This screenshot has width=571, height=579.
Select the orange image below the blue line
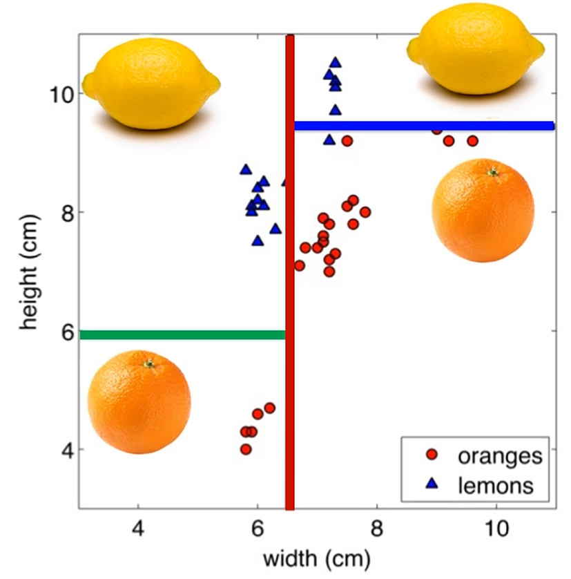click(x=483, y=210)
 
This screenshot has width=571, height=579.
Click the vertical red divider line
click(x=290, y=276)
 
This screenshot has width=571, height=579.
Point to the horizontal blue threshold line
click(x=424, y=126)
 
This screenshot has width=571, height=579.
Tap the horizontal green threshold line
click(x=182, y=335)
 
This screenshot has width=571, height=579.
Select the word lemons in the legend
click(x=496, y=485)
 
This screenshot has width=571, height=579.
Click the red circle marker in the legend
click(x=432, y=455)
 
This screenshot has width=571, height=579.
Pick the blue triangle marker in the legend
click(x=432, y=485)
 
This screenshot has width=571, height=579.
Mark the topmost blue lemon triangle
click(x=335, y=62)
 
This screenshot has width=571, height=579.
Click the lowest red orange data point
click(x=246, y=449)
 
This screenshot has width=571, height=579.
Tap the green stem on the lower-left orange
click(x=148, y=363)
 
